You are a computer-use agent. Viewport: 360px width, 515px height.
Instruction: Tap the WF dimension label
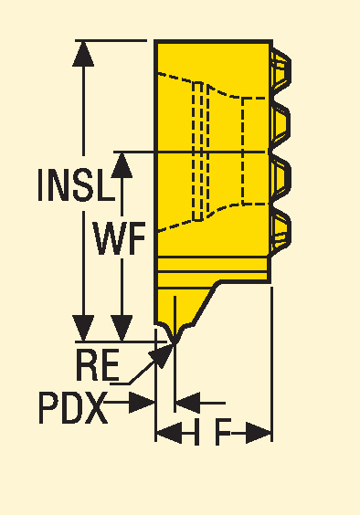pyautogui.click(x=120, y=241)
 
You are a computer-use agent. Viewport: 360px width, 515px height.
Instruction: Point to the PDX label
pyautogui.click(x=72, y=407)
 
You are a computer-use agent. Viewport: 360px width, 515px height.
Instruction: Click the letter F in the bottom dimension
pyautogui.click(x=222, y=432)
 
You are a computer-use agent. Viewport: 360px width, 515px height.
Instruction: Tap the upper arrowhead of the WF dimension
pyautogui.click(x=121, y=165)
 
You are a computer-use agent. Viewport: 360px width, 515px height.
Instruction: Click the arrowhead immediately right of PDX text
pyautogui.click(x=142, y=402)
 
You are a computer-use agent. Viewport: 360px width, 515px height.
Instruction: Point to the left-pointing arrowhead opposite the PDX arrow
pyautogui.click(x=185, y=402)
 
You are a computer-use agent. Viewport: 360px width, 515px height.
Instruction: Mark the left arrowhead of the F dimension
pyautogui.click(x=166, y=432)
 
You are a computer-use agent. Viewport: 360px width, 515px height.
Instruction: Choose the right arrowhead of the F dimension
pyautogui.click(x=261, y=432)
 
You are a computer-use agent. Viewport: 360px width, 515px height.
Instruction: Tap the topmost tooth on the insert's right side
pyautogui.click(x=281, y=68)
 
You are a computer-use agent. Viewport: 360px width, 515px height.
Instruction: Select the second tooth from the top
pyautogui.click(x=281, y=120)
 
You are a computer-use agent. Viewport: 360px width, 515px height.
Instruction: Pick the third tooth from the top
pyautogui.click(x=281, y=173)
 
